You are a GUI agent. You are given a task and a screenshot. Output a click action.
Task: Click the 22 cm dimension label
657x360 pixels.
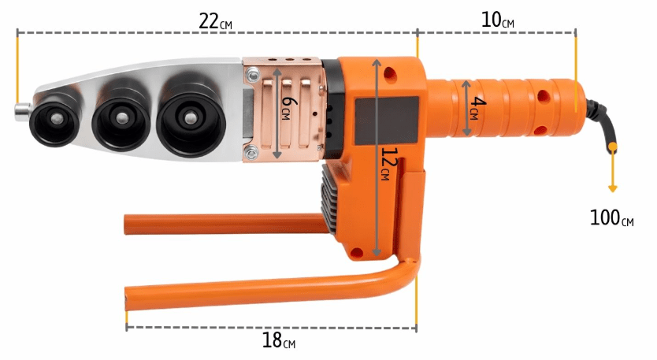tap(215, 21)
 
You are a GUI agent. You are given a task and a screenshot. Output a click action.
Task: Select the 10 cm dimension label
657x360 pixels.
tap(497, 20)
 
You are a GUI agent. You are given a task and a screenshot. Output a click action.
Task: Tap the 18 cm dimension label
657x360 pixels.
tap(279, 340)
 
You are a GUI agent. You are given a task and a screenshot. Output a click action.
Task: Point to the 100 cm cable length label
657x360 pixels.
tap(611, 218)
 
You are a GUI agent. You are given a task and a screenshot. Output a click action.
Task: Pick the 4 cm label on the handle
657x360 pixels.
tap(477, 108)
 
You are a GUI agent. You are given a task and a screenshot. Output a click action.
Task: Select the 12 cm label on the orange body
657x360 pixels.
tap(388, 164)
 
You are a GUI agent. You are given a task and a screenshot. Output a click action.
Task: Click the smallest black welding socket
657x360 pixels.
tap(55, 120)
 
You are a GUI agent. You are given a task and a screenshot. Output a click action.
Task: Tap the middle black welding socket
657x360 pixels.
tap(121, 118)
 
